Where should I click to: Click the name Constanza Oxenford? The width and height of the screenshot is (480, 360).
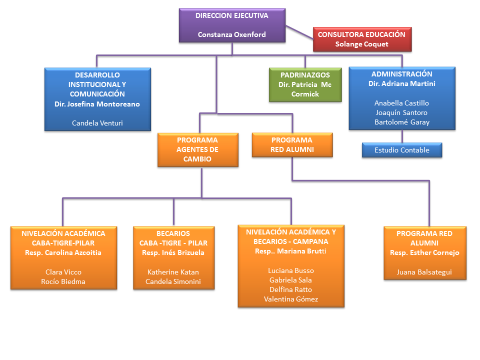click(x=231, y=34)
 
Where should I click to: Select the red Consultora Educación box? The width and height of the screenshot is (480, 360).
click(x=362, y=39)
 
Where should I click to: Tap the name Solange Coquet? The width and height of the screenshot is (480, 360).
click(x=361, y=44)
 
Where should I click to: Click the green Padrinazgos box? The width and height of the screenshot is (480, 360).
click(x=305, y=85)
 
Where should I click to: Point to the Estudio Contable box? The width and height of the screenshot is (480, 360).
click(x=402, y=150)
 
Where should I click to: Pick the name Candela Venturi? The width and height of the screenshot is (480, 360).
click(x=97, y=123)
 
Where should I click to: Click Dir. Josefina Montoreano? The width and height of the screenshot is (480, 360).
click(x=97, y=104)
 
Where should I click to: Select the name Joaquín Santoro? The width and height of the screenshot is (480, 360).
click(x=401, y=112)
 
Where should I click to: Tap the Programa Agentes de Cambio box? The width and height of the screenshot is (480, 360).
click(x=198, y=149)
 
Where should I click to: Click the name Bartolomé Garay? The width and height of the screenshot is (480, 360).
click(x=402, y=122)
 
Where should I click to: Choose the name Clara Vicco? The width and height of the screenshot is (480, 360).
click(x=63, y=272)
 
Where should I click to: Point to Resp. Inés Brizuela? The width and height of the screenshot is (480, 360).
click(x=173, y=252)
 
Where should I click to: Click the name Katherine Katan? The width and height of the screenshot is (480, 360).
click(x=173, y=272)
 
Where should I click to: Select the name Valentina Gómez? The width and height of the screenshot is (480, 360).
click(x=291, y=299)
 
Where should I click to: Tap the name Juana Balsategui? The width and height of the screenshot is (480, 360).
click(x=424, y=272)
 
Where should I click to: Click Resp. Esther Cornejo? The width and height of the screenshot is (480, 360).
click(x=424, y=252)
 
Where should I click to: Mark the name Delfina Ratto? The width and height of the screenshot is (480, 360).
click(x=290, y=289)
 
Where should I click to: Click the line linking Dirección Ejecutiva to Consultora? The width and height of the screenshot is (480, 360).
click(x=299, y=32)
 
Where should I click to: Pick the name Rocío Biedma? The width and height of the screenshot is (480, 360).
click(x=63, y=281)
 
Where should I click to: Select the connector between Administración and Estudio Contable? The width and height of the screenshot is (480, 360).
click(x=402, y=136)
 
